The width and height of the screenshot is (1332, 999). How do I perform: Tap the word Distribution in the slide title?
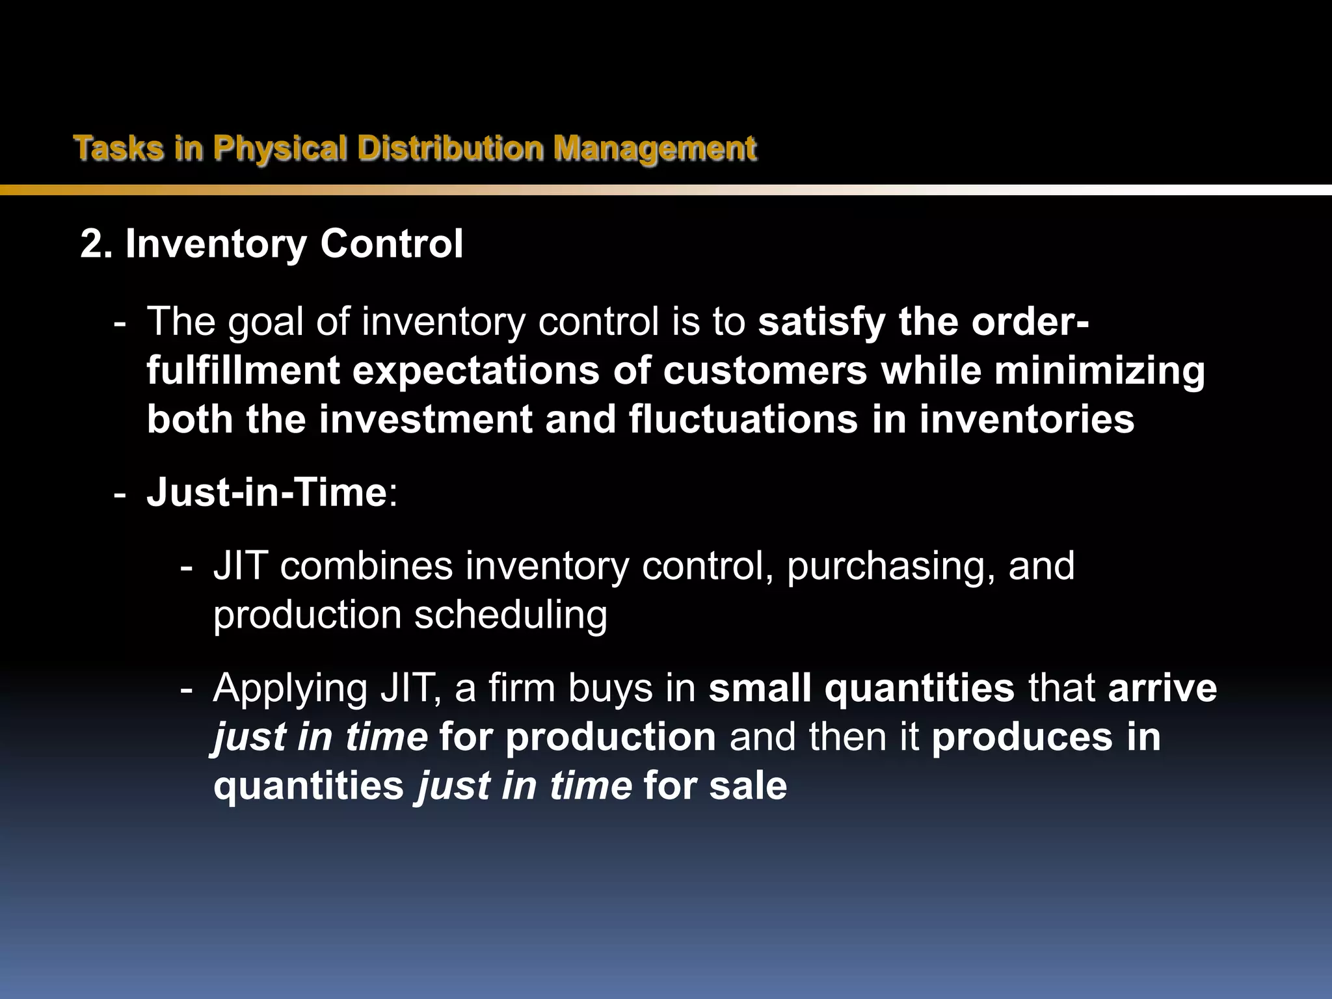pyautogui.click(x=450, y=148)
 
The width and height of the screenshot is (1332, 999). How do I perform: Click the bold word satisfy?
pyautogui.click(x=821, y=322)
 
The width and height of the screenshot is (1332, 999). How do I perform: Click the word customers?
pyautogui.click(x=766, y=371)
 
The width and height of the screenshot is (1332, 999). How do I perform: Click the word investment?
pyautogui.click(x=425, y=420)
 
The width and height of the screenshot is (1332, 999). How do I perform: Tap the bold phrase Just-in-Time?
pyautogui.click(x=267, y=492)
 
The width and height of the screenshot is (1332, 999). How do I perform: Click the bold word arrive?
pyautogui.click(x=1162, y=688)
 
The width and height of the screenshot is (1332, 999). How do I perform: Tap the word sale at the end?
pyautogui.click(x=748, y=786)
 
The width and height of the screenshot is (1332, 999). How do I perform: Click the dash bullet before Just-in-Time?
pyautogui.click(x=120, y=494)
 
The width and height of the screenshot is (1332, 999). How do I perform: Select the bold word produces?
pyautogui.click(x=1022, y=738)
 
